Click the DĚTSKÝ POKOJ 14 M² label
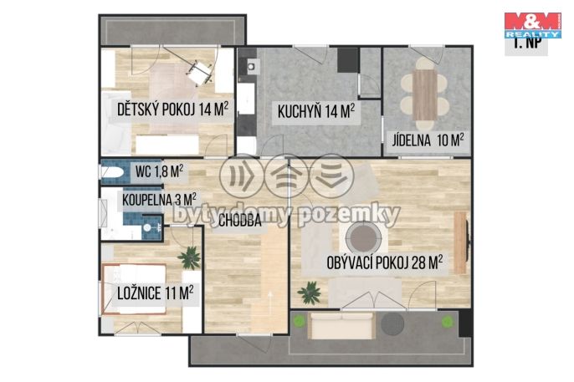point(172,110)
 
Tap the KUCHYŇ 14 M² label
point(316,111)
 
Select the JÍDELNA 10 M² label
point(428,140)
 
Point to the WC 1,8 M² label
point(159,171)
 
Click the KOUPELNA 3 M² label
point(159,200)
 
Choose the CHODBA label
point(240,221)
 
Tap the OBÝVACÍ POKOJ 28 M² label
point(384,262)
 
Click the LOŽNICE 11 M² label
point(156,293)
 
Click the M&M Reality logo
point(533,26)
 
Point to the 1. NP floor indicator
point(526,44)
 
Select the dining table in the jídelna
point(425,94)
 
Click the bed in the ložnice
point(135,288)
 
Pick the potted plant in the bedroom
point(190,257)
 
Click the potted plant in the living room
point(310,293)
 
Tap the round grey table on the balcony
point(392,323)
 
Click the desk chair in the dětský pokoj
point(199,73)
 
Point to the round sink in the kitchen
point(252,67)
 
